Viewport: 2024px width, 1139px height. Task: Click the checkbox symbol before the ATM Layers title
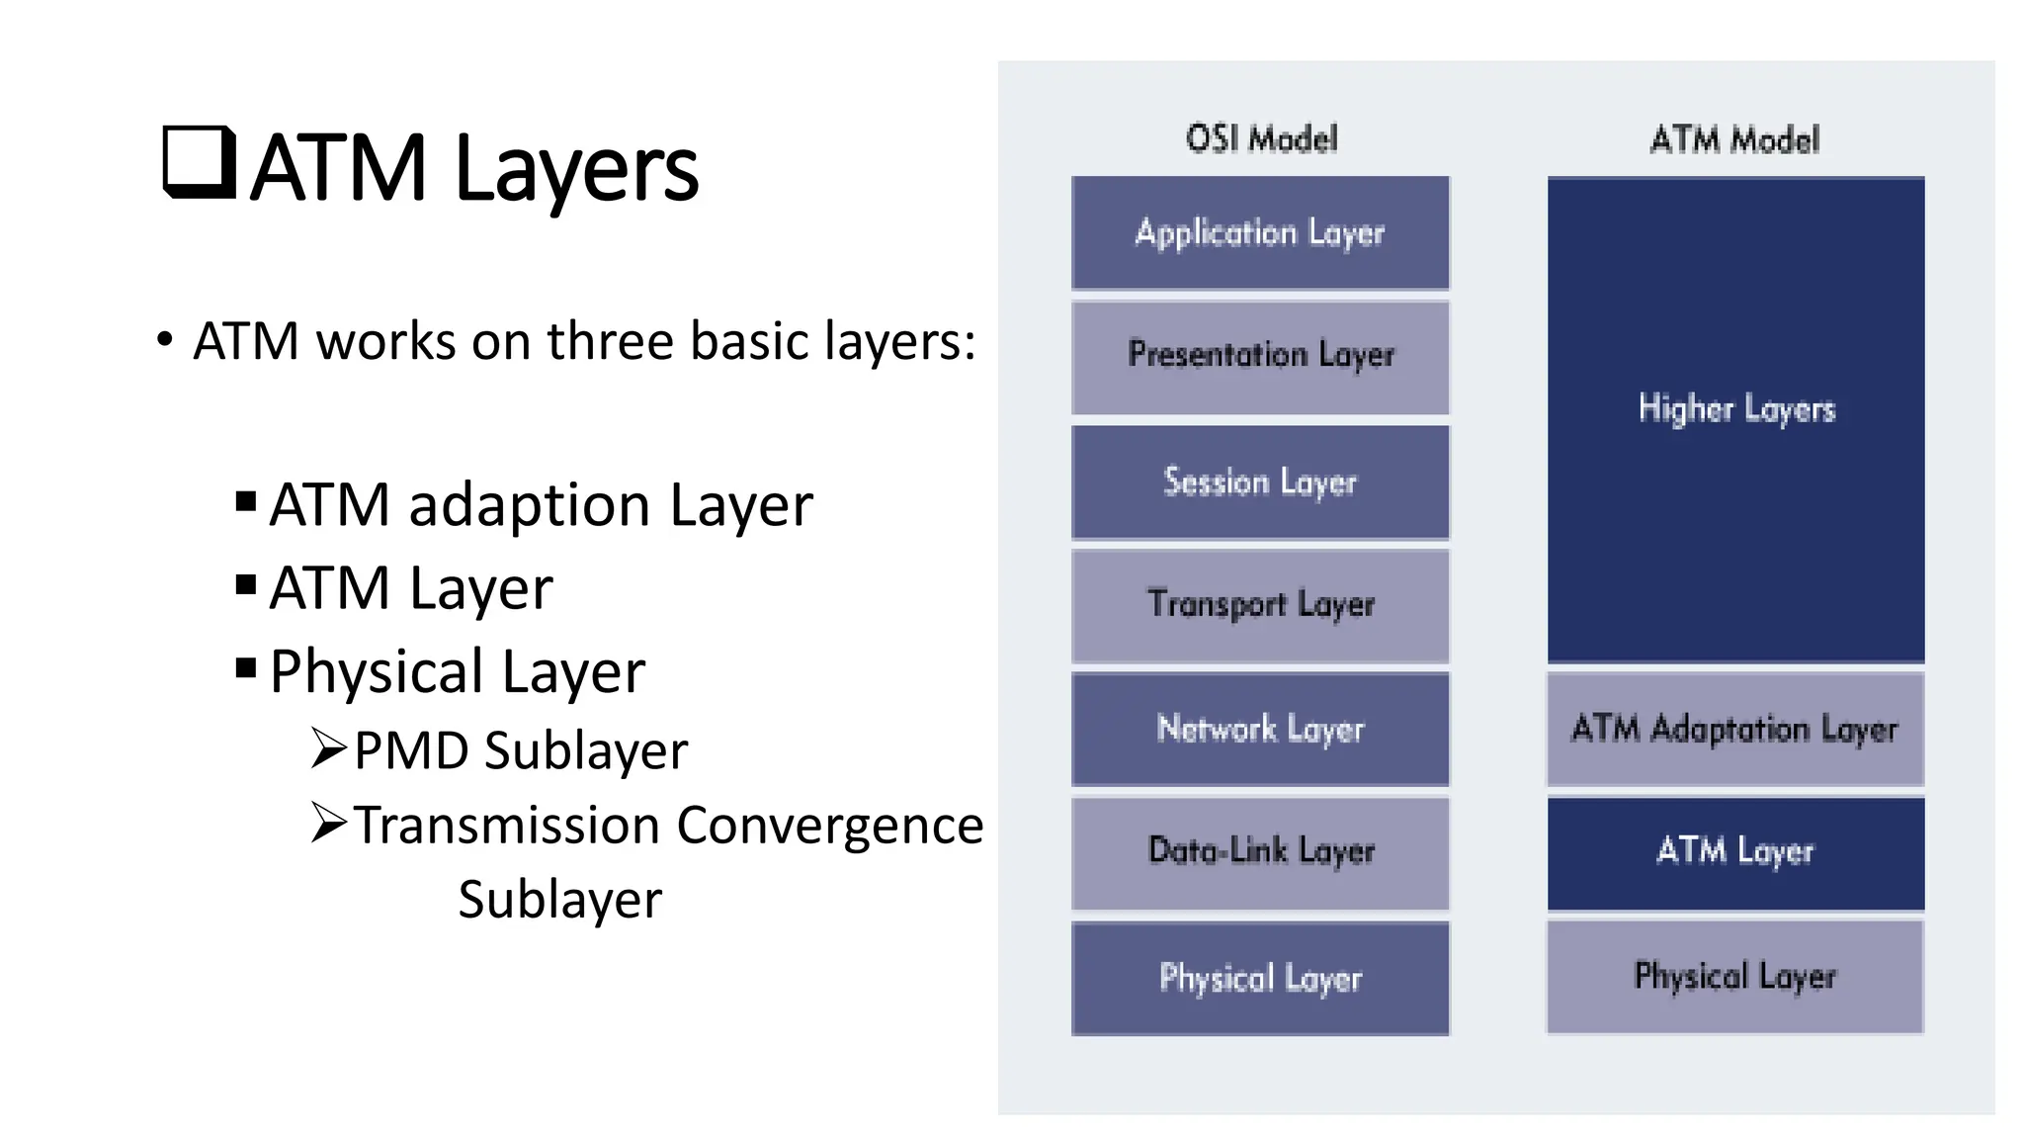pyautogui.click(x=199, y=162)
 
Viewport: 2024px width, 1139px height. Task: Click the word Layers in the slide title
pyautogui.click(x=576, y=169)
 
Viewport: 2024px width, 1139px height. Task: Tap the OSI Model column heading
pyautogui.click(x=1261, y=138)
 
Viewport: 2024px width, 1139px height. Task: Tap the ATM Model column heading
pyautogui.click(x=1734, y=139)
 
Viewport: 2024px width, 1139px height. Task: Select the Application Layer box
pyautogui.click(x=1260, y=233)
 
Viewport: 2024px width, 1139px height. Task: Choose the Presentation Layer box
pyautogui.click(x=1260, y=357)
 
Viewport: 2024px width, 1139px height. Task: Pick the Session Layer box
pyautogui.click(x=1260, y=482)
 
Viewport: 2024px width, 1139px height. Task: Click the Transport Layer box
pyautogui.click(x=1260, y=605)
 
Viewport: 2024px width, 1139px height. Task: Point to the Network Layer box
pyautogui.click(x=1260, y=730)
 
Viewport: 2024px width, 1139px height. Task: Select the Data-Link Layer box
pyautogui.click(x=1260, y=852)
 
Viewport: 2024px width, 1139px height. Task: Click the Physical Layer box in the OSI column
pyautogui.click(x=1260, y=978)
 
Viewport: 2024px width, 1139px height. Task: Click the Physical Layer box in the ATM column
pyautogui.click(x=1734, y=977)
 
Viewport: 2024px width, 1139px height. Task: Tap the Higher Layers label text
pyautogui.click(x=1736, y=408)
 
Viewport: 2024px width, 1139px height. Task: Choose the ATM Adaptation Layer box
pyautogui.click(x=1734, y=730)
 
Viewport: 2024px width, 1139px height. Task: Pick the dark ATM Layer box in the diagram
pyautogui.click(x=1734, y=852)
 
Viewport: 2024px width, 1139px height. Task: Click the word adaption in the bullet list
pyautogui.click(x=529, y=505)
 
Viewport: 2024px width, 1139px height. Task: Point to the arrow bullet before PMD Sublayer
pyautogui.click(x=328, y=748)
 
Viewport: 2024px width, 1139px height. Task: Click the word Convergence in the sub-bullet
pyautogui.click(x=830, y=826)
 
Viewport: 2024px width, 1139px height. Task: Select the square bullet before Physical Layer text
pyautogui.click(x=246, y=669)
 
